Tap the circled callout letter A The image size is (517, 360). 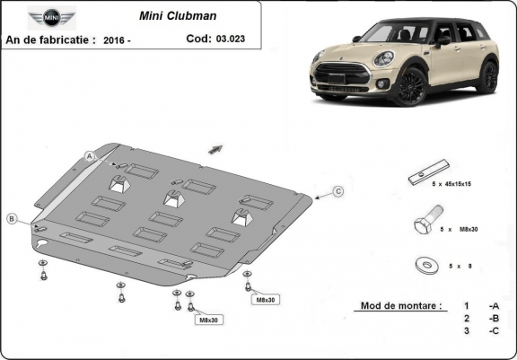pos(90,156)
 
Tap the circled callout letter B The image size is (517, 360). pos(12,218)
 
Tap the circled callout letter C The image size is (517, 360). pos(338,191)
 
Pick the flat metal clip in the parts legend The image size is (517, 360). pos(427,175)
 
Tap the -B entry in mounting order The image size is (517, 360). pos(493,318)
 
